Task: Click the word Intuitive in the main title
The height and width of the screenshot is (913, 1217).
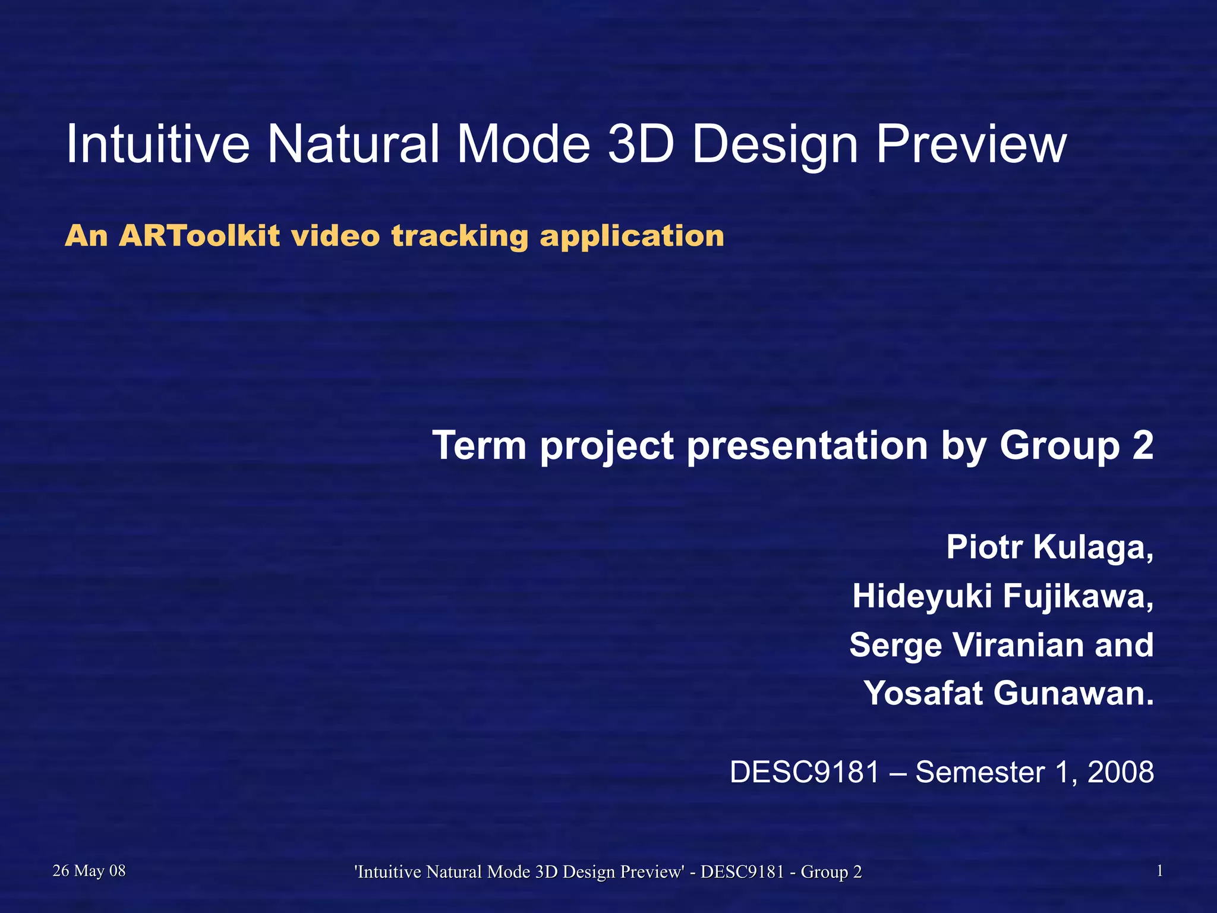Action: tap(157, 144)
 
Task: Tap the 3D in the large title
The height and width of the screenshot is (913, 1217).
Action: tap(641, 144)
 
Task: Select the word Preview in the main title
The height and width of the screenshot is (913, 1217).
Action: tap(971, 144)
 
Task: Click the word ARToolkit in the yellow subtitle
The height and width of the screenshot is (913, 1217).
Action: tap(199, 236)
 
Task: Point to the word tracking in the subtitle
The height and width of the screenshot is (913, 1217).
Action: tap(459, 236)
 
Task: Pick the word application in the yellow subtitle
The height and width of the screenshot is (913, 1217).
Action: tap(632, 236)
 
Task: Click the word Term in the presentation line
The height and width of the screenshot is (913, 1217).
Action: tap(479, 445)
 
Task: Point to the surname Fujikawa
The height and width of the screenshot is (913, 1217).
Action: tap(1077, 596)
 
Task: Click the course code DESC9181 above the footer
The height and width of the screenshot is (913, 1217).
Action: tap(804, 772)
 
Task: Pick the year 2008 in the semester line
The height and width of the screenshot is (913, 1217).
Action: tap(1120, 772)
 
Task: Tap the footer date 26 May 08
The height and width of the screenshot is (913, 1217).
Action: tap(89, 871)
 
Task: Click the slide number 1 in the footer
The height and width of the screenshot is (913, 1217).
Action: tap(1159, 871)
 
